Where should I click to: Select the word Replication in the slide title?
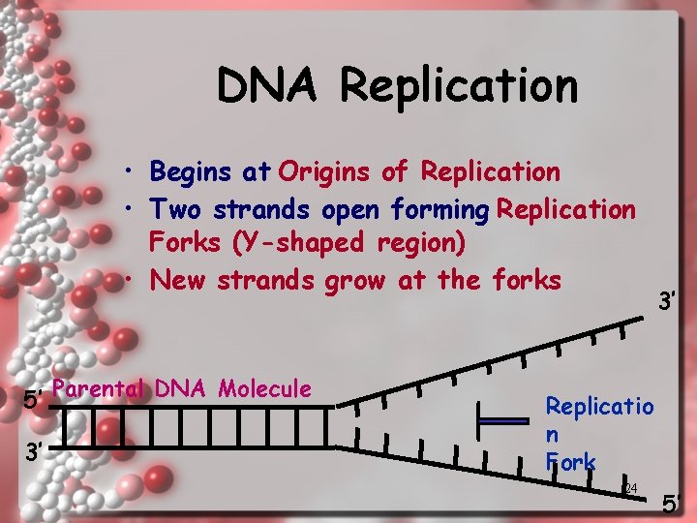(x=459, y=85)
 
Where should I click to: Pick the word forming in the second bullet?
(x=440, y=209)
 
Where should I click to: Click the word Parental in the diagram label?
(x=99, y=388)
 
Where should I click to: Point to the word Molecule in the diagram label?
(x=264, y=388)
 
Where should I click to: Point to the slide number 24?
(x=630, y=488)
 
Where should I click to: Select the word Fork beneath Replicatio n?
(x=570, y=462)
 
